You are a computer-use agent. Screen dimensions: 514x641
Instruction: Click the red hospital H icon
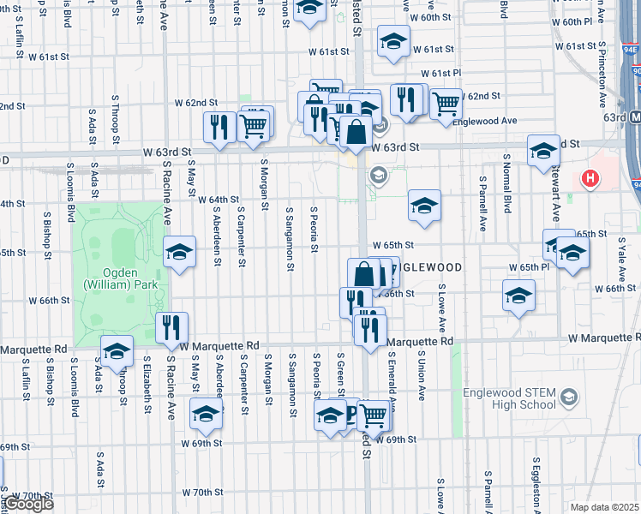pyautogui.click(x=589, y=179)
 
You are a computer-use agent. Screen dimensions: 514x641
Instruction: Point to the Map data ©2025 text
pyautogui.click(x=604, y=507)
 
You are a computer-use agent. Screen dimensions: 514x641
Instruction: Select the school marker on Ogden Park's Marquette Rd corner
pyautogui.click(x=117, y=350)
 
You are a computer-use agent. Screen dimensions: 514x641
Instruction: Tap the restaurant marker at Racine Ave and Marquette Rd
pyautogui.click(x=171, y=327)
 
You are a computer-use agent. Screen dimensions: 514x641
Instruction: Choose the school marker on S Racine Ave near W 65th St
pyautogui.click(x=179, y=251)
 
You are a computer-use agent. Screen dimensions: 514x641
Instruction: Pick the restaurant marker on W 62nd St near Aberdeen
pyautogui.click(x=219, y=127)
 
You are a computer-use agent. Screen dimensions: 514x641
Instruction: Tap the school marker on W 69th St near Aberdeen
pyautogui.click(x=206, y=415)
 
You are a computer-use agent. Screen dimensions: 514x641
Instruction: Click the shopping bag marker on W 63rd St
pyautogui.click(x=357, y=133)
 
